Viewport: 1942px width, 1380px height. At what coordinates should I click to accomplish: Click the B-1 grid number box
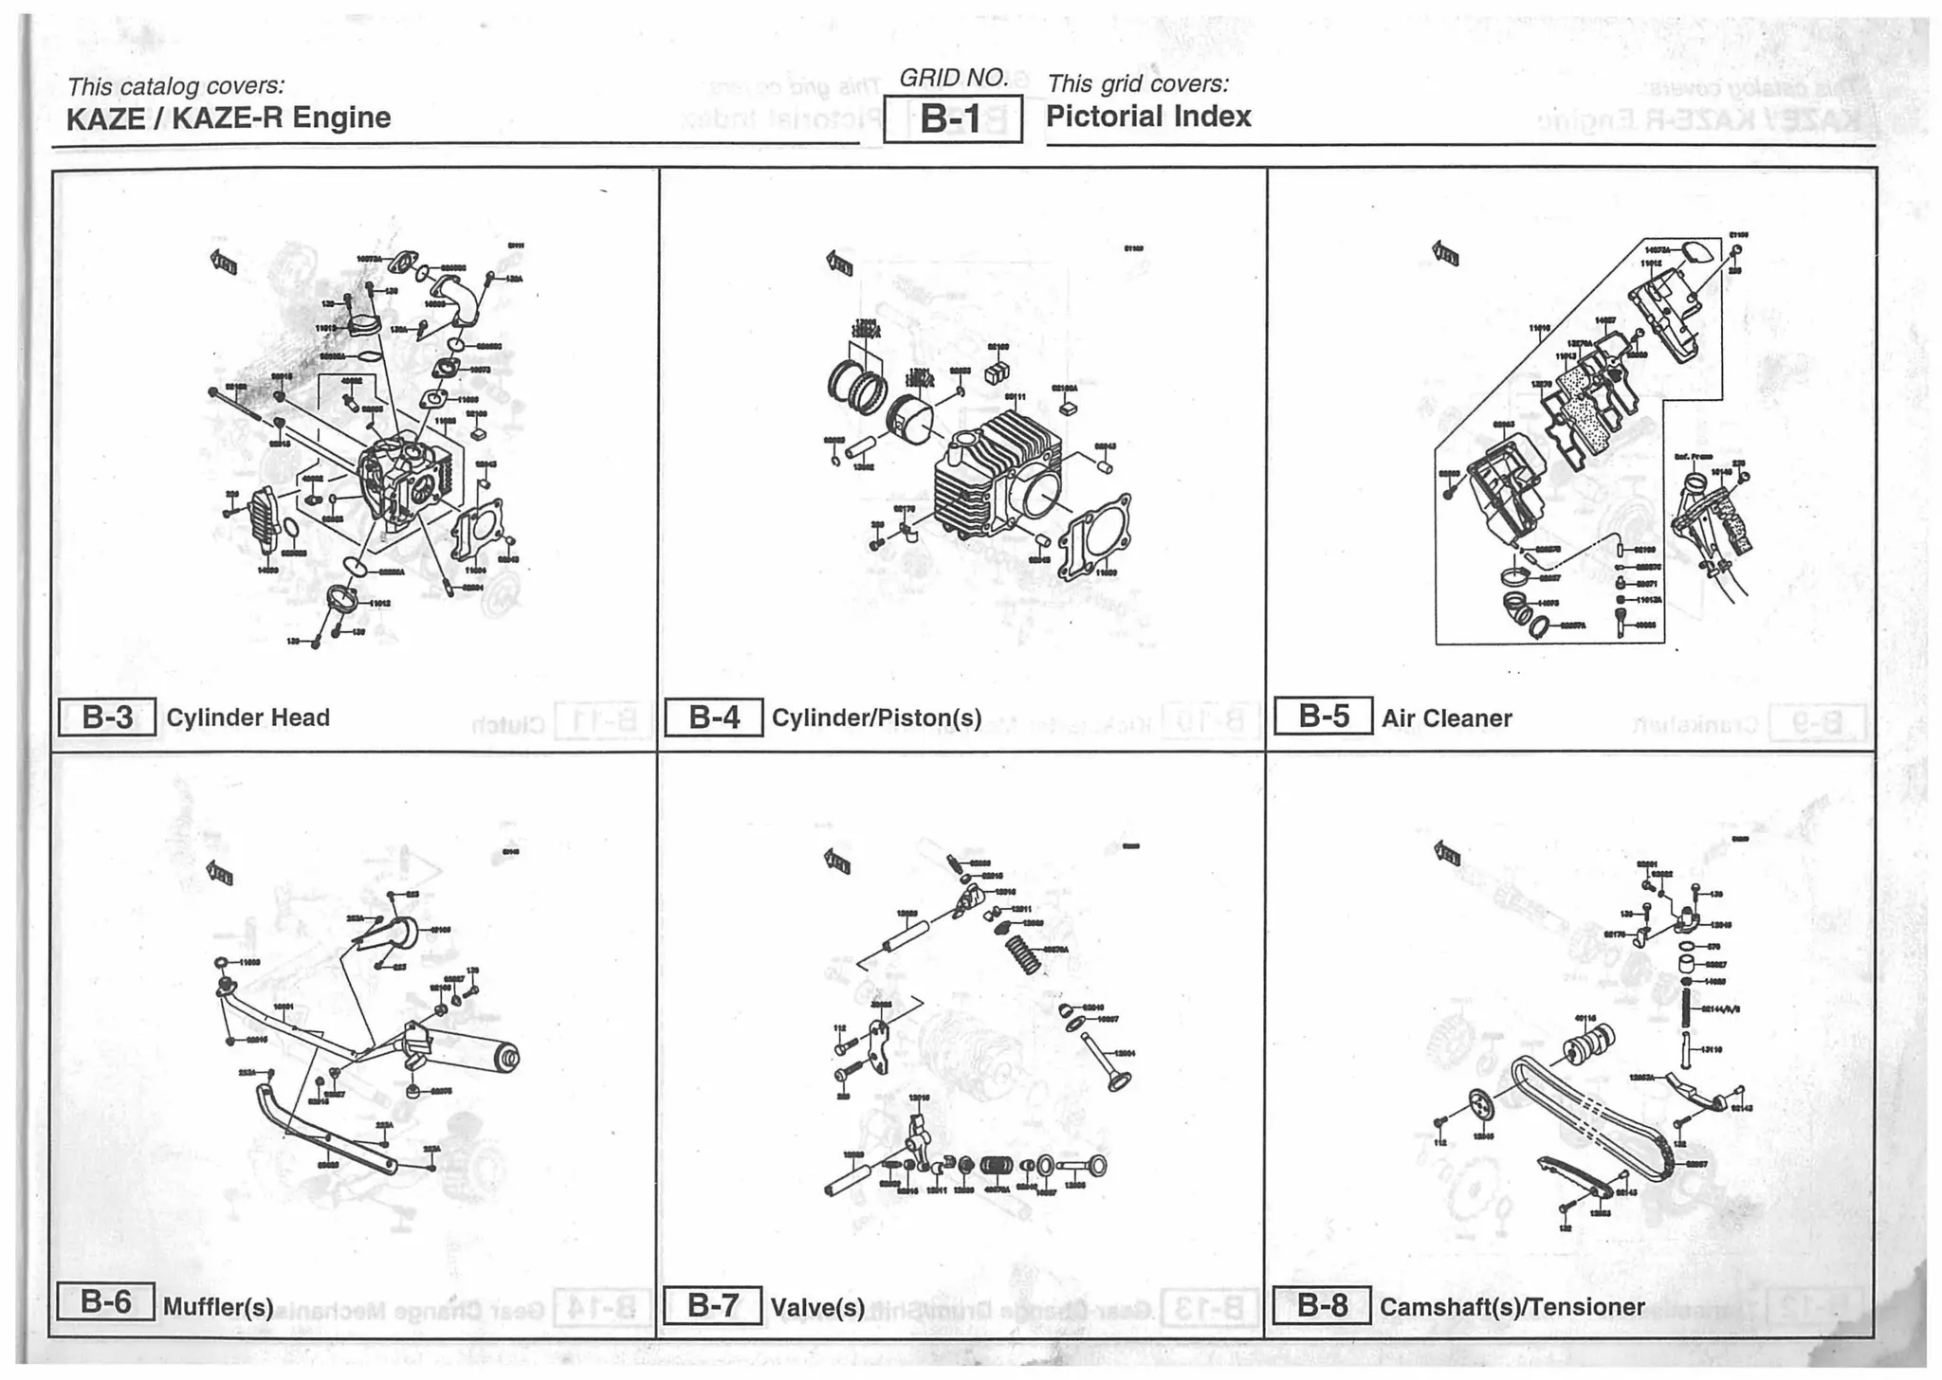pyautogui.click(x=952, y=119)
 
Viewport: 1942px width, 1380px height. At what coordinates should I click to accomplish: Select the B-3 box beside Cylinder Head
pyautogui.click(x=107, y=717)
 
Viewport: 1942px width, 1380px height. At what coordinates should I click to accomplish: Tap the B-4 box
pyautogui.click(x=713, y=717)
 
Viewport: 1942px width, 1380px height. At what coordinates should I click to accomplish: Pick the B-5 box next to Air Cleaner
pyautogui.click(x=1323, y=716)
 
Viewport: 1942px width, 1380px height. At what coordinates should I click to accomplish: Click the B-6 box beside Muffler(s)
pyautogui.click(x=105, y=1302)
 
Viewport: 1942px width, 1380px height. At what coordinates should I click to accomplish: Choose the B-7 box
pyautogui.click(x=712, y=1306)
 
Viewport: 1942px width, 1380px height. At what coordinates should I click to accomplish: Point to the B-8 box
pyautogui.click(x=1321, y=1306)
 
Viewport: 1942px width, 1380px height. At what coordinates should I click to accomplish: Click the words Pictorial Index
pyautogui.click(x=1147, y=117)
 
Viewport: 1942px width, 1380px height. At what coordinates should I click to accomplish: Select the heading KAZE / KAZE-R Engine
pyautogui.click(x=228, y=118)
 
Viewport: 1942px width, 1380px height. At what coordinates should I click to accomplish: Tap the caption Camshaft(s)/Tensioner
pyautogui.click(x=1511, y=1307)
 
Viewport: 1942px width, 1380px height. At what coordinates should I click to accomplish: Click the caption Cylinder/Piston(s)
pyautogui.click(x=876, y=718)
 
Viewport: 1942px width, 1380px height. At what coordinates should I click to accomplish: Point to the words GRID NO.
pyautogui.click(x=952, y=78)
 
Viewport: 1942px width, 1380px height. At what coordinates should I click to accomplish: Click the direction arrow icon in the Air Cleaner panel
pyautogui.click(x=1445, y=253)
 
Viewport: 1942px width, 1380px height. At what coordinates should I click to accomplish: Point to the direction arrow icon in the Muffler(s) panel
pyautogui.click(x=220, y=873)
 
